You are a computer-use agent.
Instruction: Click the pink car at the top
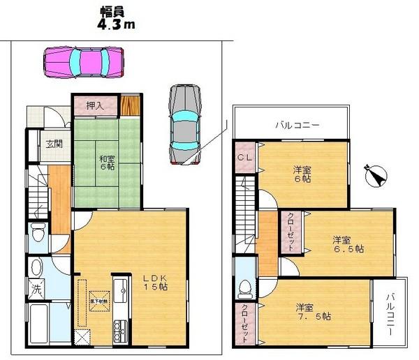pyautogui.click(x=83, y=61)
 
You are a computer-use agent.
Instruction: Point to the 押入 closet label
pyautogui.click(x=95, y=106)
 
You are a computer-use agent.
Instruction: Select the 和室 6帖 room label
pyautogui.click(x=107, y=163)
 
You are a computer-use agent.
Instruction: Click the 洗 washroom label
pyautogui.click(x=34, y=287)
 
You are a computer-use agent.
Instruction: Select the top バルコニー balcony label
pyautogui.click(x=297, y=126)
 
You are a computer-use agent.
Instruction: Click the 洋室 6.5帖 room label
pyautogui.click(x=347, y=243)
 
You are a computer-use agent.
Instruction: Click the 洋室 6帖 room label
pyautogui.click(x=302, y=174)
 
